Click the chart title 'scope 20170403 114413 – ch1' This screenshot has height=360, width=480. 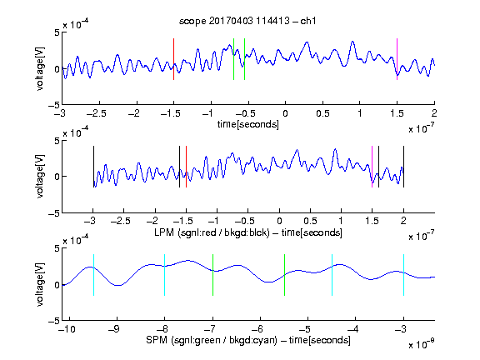(247, 21)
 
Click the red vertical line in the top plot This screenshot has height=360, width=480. (173, 59)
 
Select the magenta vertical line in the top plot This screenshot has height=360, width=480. (397, 59)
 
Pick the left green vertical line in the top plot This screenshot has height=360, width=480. (233, 59)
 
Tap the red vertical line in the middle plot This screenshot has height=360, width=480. (186, 167)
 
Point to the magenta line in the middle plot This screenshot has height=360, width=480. (372, 167)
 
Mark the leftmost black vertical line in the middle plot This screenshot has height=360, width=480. (93, 167)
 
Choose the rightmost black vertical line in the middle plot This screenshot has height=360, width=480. (403, 167)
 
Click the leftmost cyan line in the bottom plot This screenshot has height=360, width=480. (93, 275)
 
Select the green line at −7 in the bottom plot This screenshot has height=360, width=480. (212, 275)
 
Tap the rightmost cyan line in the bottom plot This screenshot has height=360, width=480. (403, 275)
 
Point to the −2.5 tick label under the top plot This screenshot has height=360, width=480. (97, 114)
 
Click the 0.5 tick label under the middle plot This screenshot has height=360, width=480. (310, 221)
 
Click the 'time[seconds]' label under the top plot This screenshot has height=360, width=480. (248, 124)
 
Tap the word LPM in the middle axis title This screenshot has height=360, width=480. (164, 232)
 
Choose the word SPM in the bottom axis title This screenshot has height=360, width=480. (157, 340)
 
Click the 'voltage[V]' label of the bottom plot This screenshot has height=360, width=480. (40, 284)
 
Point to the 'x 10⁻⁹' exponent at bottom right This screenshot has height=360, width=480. (422, 344)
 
